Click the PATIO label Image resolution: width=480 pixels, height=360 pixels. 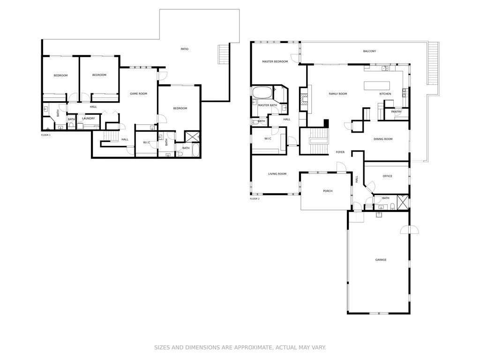(184, 49)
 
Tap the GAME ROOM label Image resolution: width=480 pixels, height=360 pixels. (138, 94)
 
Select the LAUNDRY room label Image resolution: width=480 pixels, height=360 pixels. (88, 119)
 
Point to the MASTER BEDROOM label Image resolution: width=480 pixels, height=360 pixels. (275, 61)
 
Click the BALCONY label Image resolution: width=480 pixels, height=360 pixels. (369, 51)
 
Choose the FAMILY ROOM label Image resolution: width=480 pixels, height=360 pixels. (338, 94)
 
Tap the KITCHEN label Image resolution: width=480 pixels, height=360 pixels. (385, 94)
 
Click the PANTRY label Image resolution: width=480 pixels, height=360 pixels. (396, 112)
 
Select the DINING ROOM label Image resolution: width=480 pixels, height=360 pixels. (383, 139)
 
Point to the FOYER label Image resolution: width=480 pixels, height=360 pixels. (340, 152)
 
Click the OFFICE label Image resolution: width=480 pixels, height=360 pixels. (387, 176)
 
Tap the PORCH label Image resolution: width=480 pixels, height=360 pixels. (328, 191)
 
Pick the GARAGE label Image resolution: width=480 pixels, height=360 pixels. (381, 260)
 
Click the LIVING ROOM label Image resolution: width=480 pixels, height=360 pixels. (277, 174)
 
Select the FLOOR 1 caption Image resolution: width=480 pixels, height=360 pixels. (46, 135)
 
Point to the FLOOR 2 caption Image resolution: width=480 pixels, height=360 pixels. (255, 199)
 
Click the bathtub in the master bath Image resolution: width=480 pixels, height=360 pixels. (262, 92)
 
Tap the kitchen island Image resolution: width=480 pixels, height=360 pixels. (377, 86)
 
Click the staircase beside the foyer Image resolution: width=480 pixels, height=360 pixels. (318, 141)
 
